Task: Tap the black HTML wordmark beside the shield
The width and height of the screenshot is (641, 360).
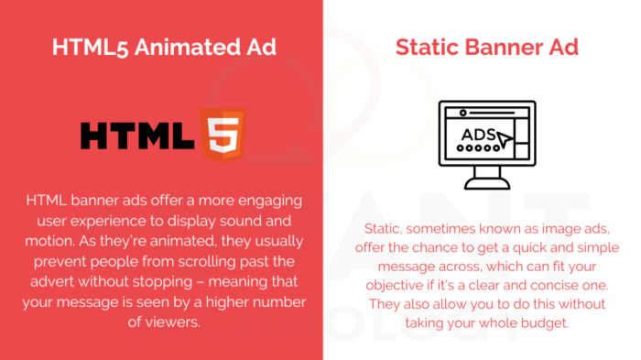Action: pyautogui.click(x=139, y=136)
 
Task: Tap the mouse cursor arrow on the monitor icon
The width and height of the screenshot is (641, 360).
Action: pyautogui.click(x=506, y=140)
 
